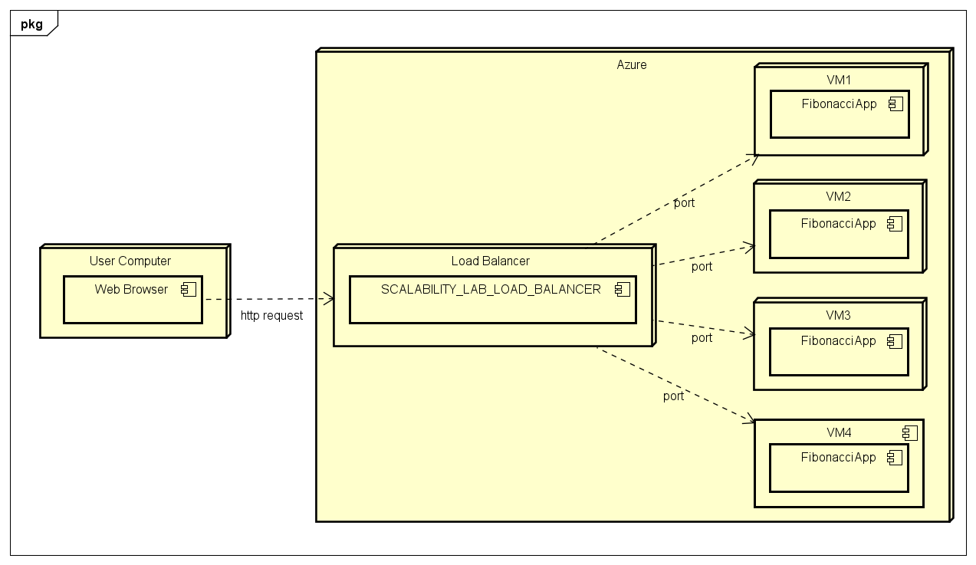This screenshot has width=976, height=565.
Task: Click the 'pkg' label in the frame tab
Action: [31, 24]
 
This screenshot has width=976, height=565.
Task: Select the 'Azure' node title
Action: [632, 65]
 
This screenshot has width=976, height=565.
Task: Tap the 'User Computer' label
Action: [130, 261]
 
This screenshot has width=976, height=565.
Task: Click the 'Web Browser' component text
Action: [131, 289]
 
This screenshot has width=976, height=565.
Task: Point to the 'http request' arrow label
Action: [271, 315]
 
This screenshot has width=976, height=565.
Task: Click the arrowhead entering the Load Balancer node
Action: [328, 299]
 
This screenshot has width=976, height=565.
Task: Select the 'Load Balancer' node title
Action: [490, 261]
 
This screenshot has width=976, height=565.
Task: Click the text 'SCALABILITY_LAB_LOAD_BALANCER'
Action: [491, 289]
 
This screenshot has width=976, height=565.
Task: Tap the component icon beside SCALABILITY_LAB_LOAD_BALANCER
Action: [622, 290]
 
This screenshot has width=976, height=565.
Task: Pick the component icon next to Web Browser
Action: [189, 290]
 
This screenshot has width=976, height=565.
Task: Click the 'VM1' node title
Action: [838, 80]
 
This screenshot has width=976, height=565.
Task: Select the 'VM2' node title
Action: [838, 196]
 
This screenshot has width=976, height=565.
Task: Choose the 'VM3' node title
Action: [838, 315]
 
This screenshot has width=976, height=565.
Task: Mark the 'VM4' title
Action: [838, 432]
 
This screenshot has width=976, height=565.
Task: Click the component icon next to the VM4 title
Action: [909, 433]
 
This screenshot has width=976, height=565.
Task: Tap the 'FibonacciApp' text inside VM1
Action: [839, 104]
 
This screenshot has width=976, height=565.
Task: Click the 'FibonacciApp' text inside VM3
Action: [838, 340]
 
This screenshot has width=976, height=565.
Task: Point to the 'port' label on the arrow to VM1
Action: [684, 203]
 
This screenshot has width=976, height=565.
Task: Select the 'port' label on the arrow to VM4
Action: [673, 396]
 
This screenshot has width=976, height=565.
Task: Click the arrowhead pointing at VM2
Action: [749, 247]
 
